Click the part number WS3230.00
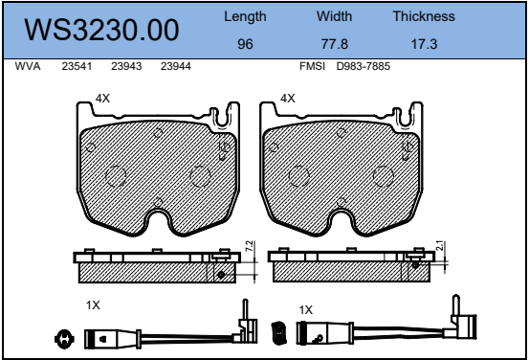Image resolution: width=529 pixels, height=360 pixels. tap(101, 30)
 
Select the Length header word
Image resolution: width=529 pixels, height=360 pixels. tap(245, 17)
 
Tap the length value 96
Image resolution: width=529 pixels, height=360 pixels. tap(245, 44)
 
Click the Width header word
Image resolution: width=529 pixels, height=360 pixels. tap(335, 16)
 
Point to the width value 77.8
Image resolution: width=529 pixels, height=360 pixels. tap(335, 44)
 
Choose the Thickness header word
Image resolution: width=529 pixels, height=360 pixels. tap(424, 16)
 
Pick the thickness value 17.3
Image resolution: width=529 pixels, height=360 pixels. tap(424, 44)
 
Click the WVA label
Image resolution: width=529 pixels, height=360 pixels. tap(28, 66)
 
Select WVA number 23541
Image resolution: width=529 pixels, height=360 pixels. tap(77, 66)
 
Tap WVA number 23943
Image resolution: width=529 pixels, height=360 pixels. tap(126, 66)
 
